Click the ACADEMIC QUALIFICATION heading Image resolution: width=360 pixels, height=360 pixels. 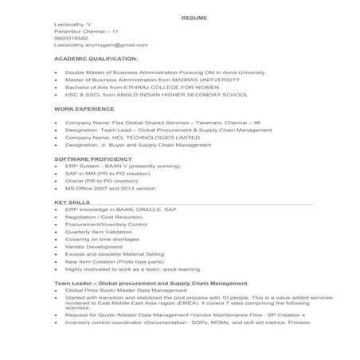pyautogui.click(x=96, y=59)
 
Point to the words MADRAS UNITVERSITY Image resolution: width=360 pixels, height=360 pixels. pyautogui.click(x=230, y=80)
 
